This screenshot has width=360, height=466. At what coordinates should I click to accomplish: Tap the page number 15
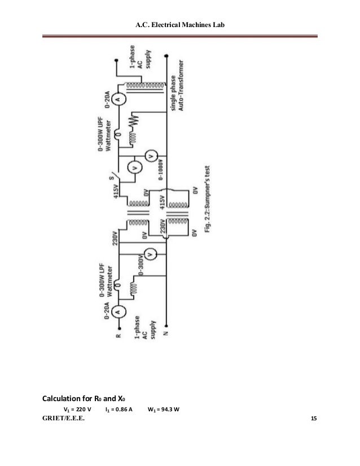click(314, 419)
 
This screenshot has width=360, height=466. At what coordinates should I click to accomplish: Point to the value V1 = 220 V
click(77, 410)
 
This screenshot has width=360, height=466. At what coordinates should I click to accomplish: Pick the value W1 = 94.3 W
click(164, 410)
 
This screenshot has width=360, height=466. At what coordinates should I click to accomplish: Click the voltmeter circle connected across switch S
click(134, 167)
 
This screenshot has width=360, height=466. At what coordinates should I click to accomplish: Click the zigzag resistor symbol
click(133, 122)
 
